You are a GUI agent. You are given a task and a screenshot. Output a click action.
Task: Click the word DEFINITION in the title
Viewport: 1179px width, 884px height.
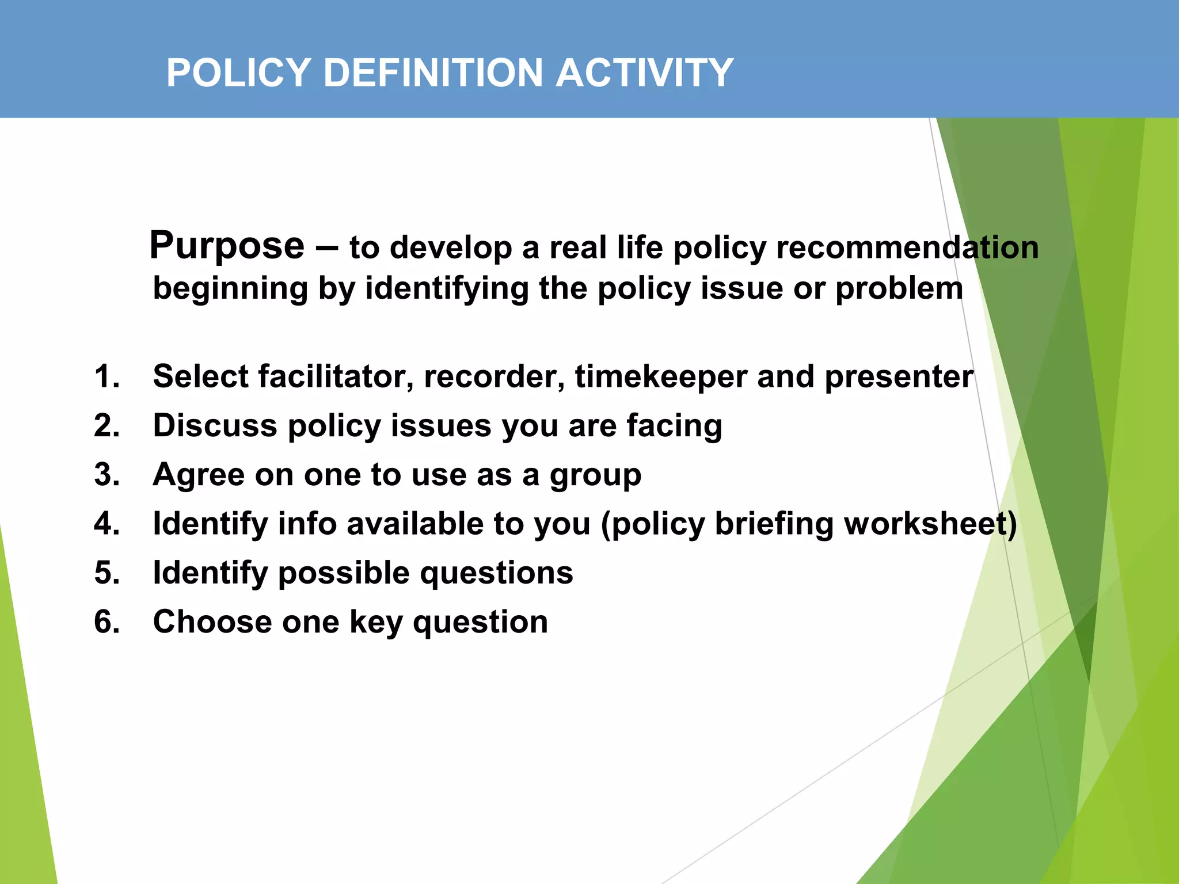coord(433,74)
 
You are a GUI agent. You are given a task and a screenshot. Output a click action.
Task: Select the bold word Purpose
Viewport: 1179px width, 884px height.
coord(227,246)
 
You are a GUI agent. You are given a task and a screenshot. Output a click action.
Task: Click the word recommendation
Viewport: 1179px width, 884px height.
coord(907,248)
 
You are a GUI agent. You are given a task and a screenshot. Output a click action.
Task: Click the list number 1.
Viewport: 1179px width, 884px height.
coord(107,377)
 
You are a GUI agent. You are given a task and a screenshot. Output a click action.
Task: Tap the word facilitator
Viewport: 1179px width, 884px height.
coord(335,377)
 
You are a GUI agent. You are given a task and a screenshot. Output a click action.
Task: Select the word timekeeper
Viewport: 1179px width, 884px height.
coord(660,377)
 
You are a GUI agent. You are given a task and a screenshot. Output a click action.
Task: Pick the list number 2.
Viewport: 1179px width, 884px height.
coord(107,426)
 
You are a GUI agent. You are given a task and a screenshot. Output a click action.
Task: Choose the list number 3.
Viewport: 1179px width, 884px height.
coord(107,475)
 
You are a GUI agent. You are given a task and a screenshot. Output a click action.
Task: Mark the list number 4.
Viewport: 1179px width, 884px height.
coord(107,524)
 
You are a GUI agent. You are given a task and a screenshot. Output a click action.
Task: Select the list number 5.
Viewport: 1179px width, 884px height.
coord(107,573)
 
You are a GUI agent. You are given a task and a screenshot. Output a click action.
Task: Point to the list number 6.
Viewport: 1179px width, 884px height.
coord(107,622)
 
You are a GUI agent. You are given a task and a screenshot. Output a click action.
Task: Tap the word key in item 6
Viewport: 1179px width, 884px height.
coord(375,623)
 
